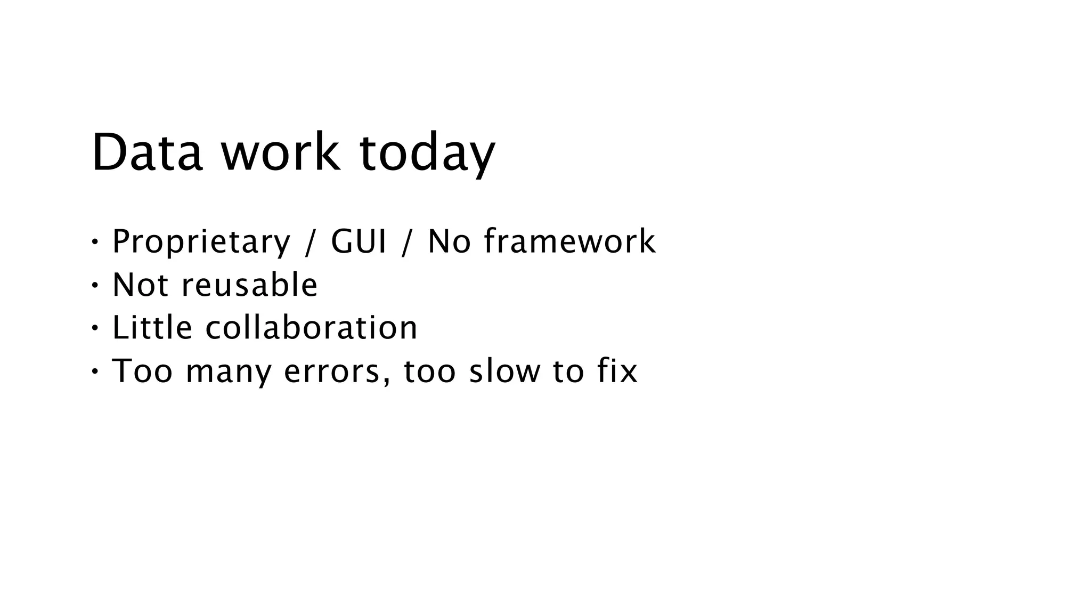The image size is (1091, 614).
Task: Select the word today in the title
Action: coord(427,153)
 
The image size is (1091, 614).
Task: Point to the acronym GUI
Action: coord(359,241)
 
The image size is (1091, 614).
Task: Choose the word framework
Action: coord(570,241)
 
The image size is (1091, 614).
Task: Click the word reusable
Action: coord(249,285)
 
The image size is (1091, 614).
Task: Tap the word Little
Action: coord(152,327)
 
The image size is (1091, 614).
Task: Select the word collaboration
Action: coord(312,327)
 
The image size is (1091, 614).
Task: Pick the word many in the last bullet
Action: coord(229,372)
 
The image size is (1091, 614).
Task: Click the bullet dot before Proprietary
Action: coord(95,242)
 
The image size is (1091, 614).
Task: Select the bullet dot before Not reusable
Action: coord(95,285)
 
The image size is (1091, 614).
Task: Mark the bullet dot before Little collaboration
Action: coord(95,328)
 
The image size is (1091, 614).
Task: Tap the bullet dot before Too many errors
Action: coord(95,371)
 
